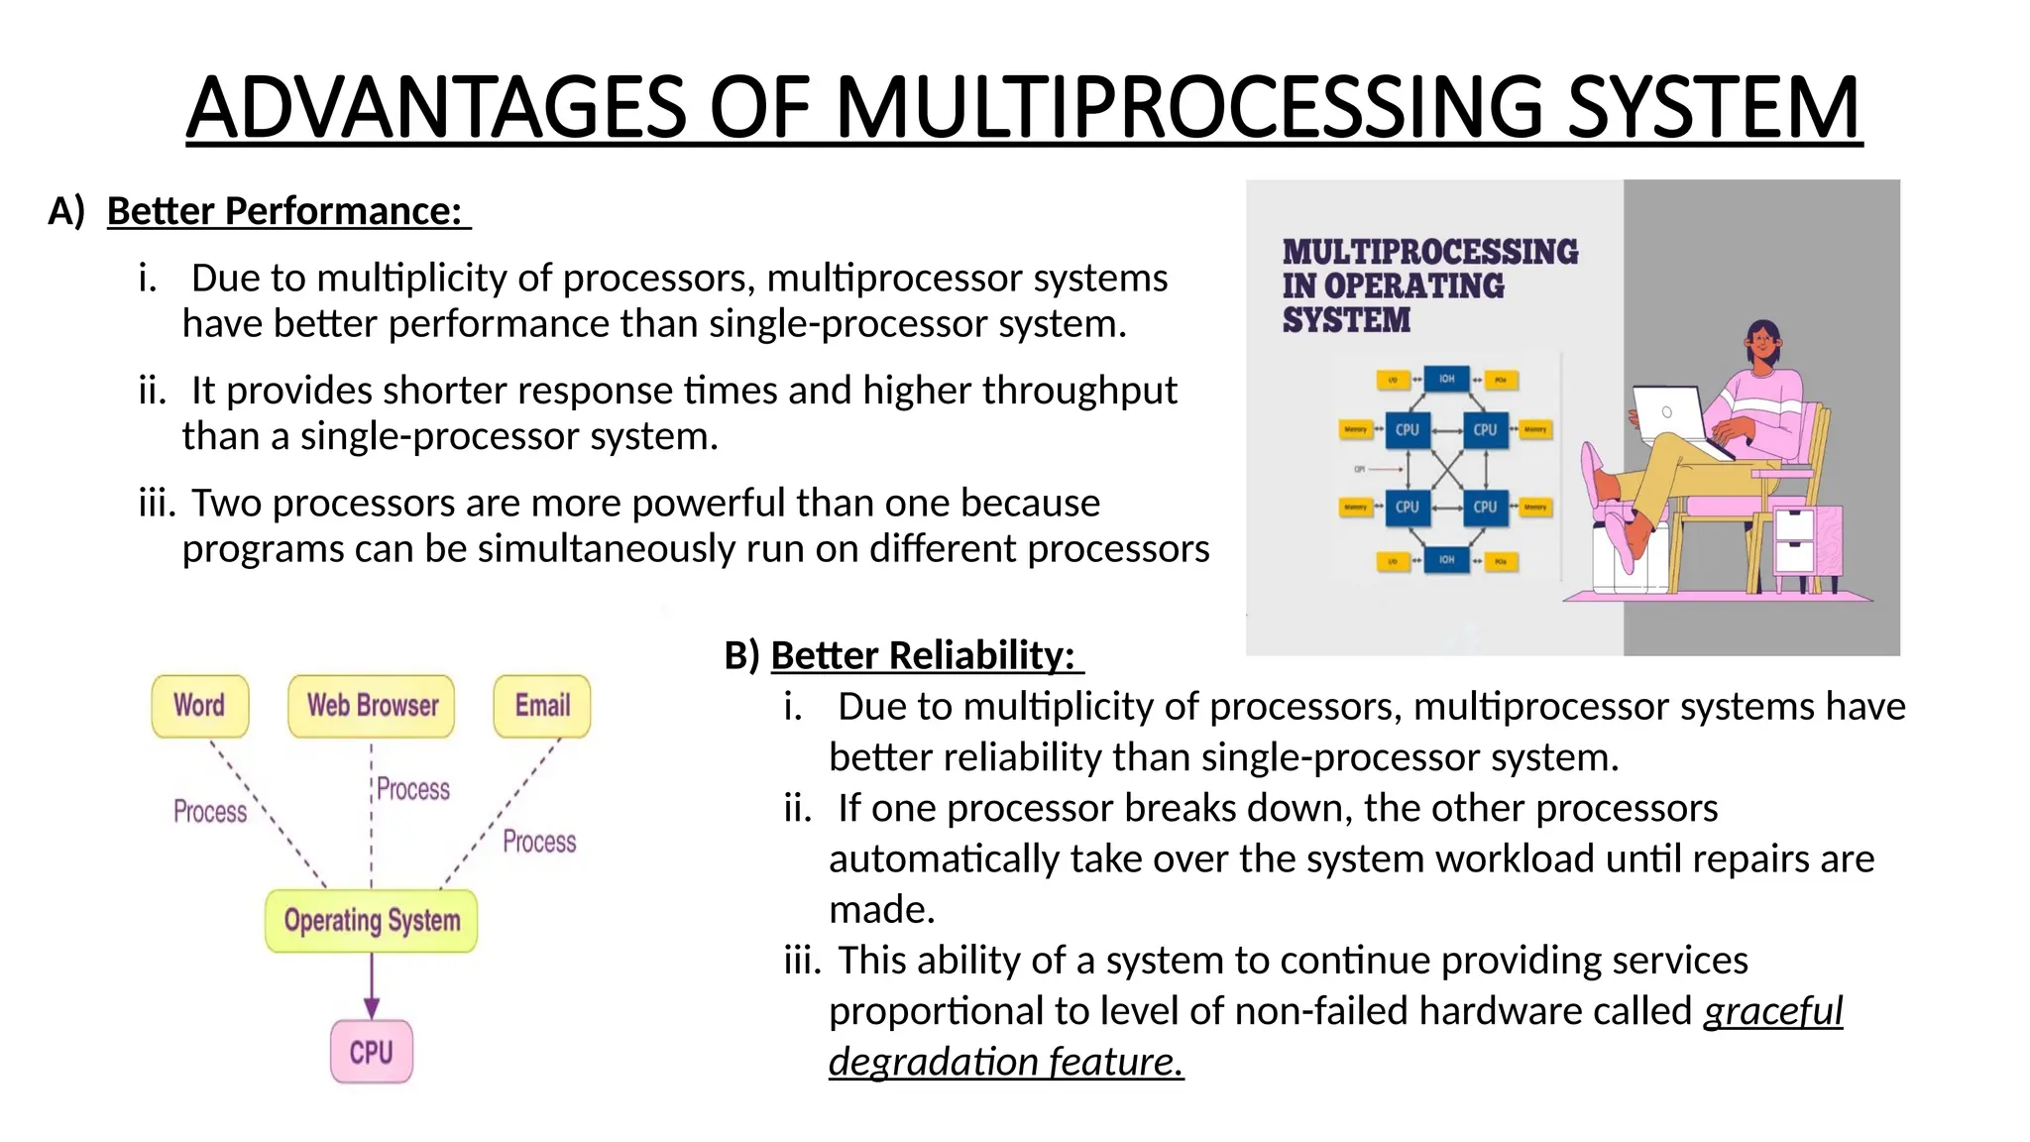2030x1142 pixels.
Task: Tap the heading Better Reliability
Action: pyautogui.click(x=922, y=655)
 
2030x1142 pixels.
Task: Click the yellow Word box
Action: pyautogui.click(x=199, y=706)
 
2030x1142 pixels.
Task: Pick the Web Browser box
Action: pyautogui.click(x=372, y=706)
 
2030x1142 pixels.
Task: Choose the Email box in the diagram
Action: pyautogui.click(x=541, y=706)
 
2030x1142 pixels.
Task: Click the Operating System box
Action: pyautogui.click(x=372, y=921)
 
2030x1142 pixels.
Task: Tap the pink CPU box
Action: pyautogui.click(x=372, y=1052)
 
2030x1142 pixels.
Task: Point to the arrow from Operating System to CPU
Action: pyautogui.click(x=372, y=986)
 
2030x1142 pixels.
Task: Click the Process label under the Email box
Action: pyautogui.click(x=538, y=842)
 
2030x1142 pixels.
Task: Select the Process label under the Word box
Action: pyautogui.click(x=210, y=812)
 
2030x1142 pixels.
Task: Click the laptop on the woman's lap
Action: pyautogui.click(x=1671, y=415)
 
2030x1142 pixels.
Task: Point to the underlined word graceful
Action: pyautogui.click(x=1772, y=1011)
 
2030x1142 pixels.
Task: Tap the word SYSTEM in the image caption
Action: pyautogui.click(x=1345, y=320)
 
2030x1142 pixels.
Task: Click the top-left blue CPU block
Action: pyautogui.click(x=1407, y=430)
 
